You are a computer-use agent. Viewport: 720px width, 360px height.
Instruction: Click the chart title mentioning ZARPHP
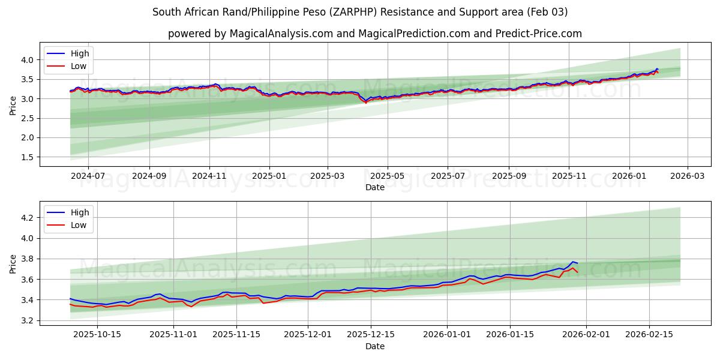coord(360,12)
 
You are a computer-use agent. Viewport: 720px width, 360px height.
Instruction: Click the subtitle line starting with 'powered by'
coord(374,34)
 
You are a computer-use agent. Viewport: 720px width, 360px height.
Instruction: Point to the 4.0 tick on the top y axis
coord(28,59)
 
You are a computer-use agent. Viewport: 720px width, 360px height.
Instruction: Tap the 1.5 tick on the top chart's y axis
coord(28,157)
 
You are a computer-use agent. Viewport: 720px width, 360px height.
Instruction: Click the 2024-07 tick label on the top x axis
coord(88,176)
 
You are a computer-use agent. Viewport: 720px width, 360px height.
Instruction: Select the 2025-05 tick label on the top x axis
coord(387,176)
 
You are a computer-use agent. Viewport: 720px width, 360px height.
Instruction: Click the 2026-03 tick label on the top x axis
coord(687,176)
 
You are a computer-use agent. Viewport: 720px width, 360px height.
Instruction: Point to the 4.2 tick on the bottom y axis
coord(28,218)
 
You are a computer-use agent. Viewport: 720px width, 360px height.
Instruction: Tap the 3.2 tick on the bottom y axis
coord(28,320)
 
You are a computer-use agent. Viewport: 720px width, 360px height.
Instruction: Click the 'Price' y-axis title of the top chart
coord(13,106)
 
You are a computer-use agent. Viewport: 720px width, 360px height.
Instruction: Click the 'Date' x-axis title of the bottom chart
coord(374,346)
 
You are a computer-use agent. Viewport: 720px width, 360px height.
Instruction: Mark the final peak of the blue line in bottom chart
coord(572,262)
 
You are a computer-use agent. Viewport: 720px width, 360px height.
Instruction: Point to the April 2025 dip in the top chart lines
coord(366,101)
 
